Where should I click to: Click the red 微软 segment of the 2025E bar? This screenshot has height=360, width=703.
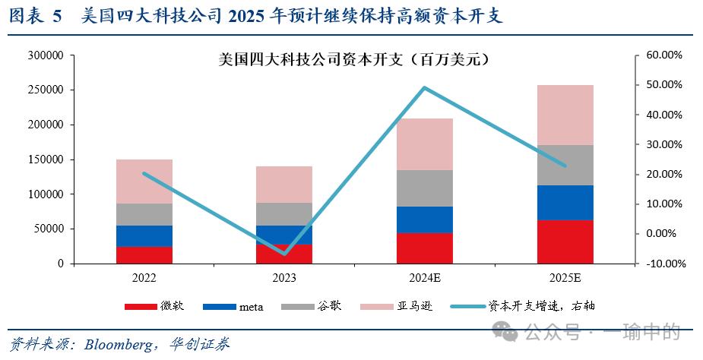pyautogui.click(x=565, y=242)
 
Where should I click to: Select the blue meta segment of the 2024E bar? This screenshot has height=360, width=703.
pyautogui.click(x=425, y=219)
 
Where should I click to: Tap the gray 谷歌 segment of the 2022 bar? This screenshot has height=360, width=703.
pyautogui.click(x=144, y=214)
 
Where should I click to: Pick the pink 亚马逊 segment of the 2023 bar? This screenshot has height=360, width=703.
pyautogui.click(x=284, y=185)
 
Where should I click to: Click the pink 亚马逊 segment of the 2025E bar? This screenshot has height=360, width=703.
pyautogui.click(x=565, y=115)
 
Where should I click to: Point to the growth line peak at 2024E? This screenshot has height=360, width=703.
pyautogui.click(x=424, y=87)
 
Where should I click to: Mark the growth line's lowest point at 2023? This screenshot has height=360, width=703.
pyautogui.click(x=285, y=253)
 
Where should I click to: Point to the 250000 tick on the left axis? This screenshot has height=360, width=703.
pyautogui.click(x=46, y=90)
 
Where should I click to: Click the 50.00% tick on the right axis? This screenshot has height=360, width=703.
pyautogui.click(x=663, y=85)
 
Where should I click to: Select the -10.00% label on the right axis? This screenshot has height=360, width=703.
pyautogui.click(x=662, y=264)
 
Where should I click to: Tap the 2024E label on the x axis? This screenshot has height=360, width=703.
pyautogui.click(x=425, y=278)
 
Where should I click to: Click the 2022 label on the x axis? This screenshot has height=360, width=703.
pyautogui.click(x=144, y=278)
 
